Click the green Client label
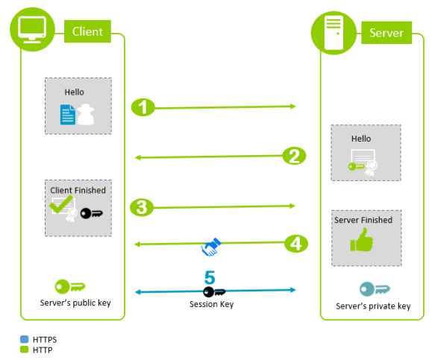coord(87,31)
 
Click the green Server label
coord(386,33)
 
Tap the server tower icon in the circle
coord(334,31)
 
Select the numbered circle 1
coord(143,107)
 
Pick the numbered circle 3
coord(142,207)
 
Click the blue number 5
coord(210,277)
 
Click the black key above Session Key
coord(215,291)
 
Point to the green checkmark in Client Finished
coord(61,205)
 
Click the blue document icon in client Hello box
coord(68,113)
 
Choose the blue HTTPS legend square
coord(25,339)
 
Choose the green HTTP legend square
coord(25,349)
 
